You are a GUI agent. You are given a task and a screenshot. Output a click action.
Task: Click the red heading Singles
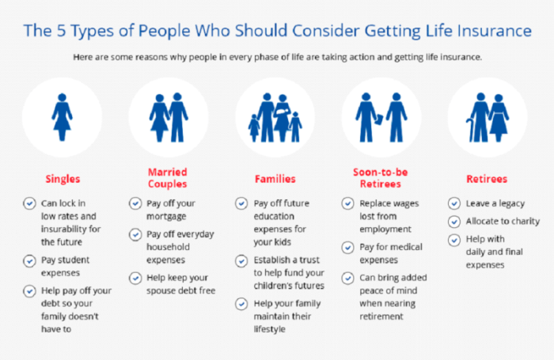click(63, 179)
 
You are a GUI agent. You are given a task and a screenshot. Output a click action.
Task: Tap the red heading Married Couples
click(168, 178)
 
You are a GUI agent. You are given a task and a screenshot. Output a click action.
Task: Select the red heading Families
click(275, 179)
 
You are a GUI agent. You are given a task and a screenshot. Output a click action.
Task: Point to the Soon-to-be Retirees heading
click(381, 178)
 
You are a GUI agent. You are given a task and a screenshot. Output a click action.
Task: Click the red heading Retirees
click(487, 179)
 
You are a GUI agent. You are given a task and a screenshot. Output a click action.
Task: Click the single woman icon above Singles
click(63, 116)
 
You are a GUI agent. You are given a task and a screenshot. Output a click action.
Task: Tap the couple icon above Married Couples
click(168, 116)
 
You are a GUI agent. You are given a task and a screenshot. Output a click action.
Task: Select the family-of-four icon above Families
click(275, 116)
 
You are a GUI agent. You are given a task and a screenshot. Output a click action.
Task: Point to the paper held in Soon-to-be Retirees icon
click(378, 118)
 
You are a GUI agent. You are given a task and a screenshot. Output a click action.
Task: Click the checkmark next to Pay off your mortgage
click(135, 203)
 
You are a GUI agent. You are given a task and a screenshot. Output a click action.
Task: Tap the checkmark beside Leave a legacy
click(453, 203)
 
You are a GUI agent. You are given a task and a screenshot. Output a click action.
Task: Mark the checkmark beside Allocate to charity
click(453, 222)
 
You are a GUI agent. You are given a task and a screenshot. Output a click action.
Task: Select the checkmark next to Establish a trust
click(241, 260)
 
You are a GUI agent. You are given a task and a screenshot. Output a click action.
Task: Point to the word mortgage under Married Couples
click(166, 216)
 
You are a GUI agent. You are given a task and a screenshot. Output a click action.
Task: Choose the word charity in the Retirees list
click(522, 222)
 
